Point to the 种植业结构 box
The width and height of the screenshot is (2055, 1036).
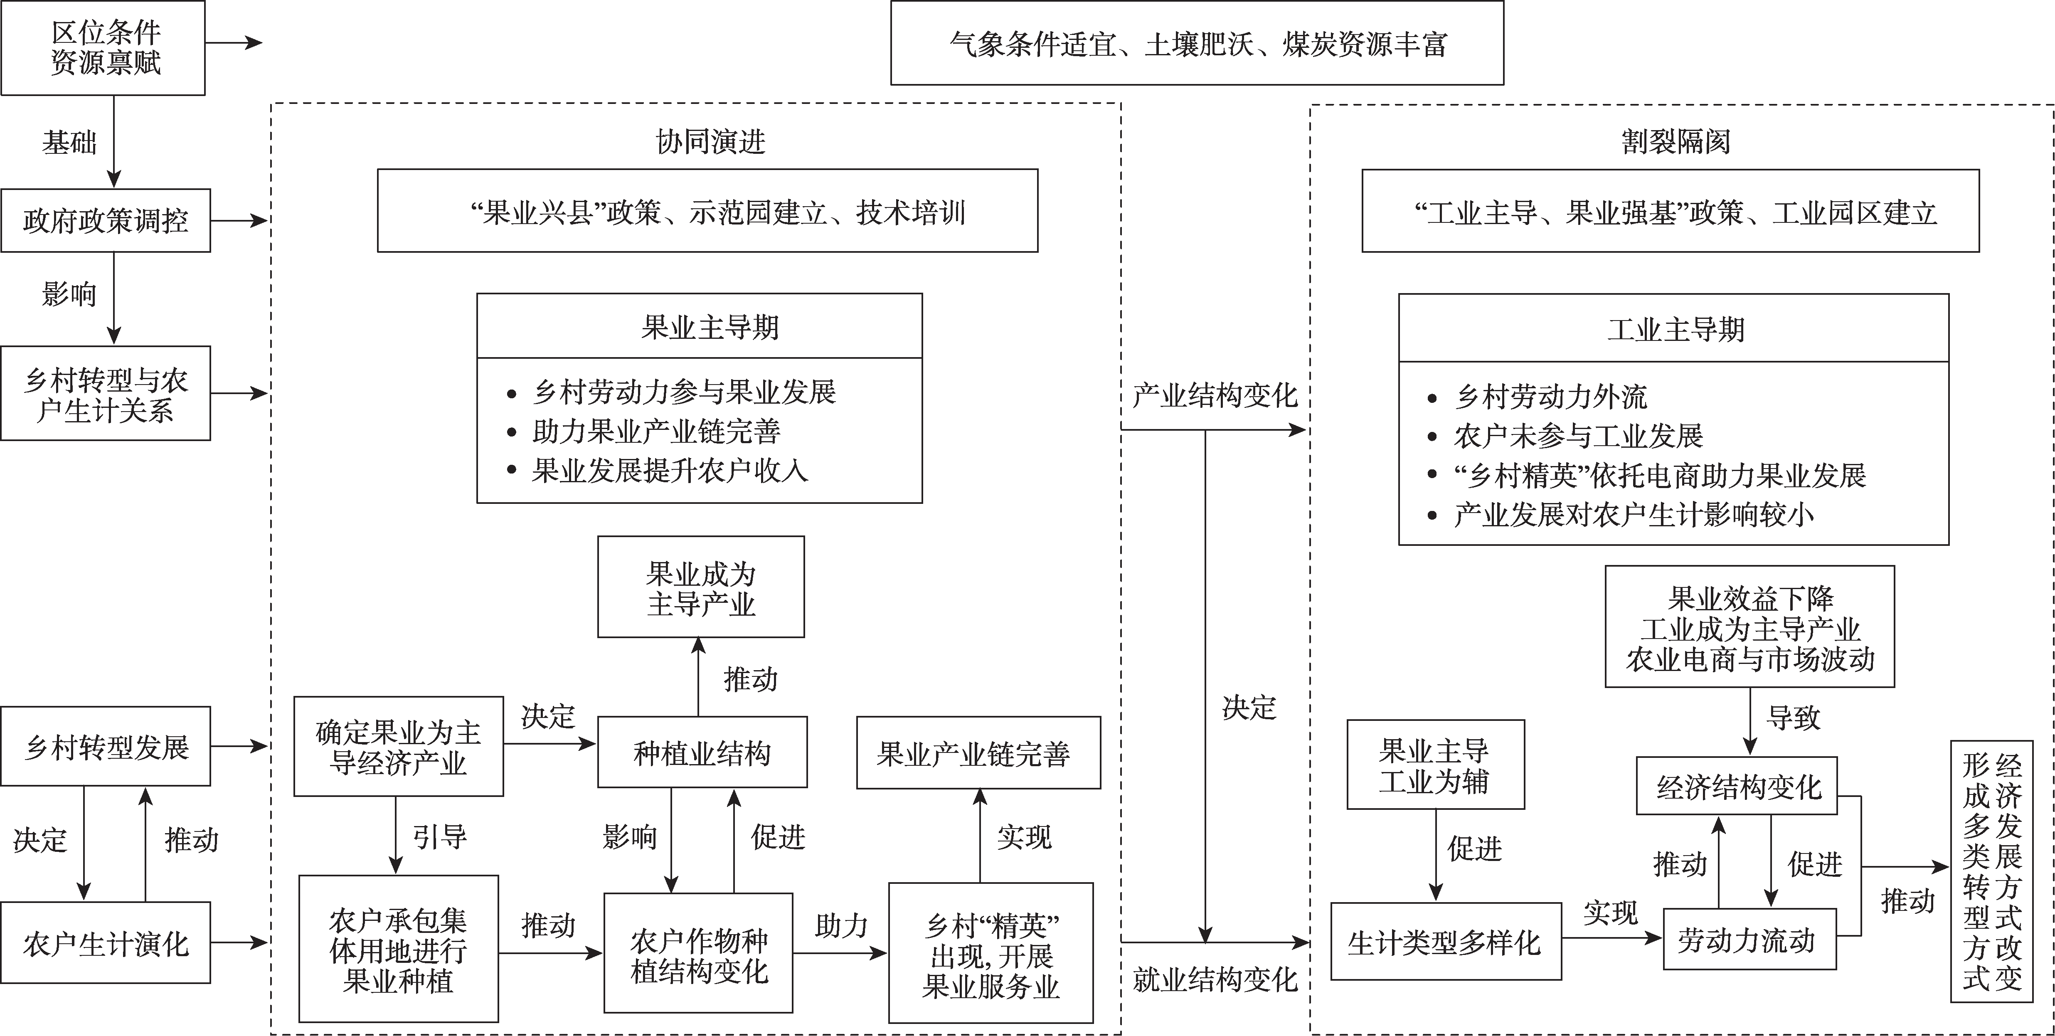point(702,752)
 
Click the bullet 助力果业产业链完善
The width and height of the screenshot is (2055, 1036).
point(656,432)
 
